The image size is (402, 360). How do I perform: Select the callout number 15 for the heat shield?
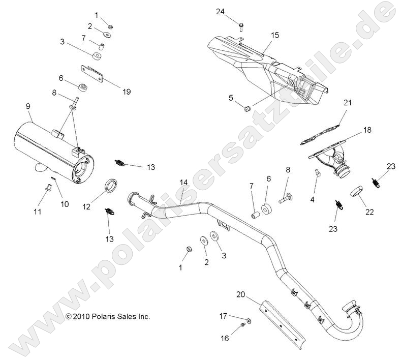(x=275, y=35)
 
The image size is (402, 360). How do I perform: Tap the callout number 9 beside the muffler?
(x=28, y=106)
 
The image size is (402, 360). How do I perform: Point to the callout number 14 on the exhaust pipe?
(x=183, y=182)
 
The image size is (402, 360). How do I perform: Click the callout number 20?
(x=241, y=294)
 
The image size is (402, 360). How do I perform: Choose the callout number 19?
(x=127, y=92)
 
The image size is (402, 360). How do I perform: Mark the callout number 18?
(x=367, y=130)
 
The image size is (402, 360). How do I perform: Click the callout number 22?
(x=369, y=212)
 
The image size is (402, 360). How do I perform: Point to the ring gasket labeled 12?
(x=110, y=186)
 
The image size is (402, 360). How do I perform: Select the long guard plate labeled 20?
(x=282, y=320)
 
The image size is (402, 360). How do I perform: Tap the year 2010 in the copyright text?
(x=81, y=316)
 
